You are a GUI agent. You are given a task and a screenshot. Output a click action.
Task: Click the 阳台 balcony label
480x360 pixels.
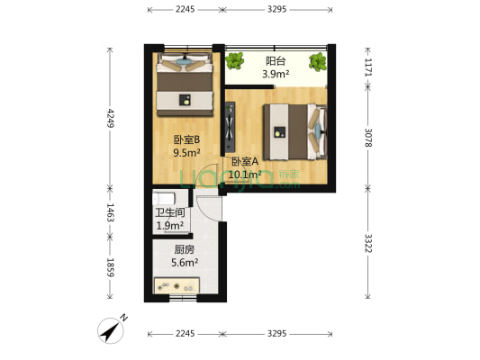pos(276,62)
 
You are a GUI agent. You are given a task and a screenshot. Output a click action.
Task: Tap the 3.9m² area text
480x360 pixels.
pos(276,75)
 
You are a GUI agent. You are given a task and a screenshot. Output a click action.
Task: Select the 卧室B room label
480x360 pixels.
pos(186,139)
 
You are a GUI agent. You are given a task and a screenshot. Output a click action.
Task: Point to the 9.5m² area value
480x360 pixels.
pos(186,153)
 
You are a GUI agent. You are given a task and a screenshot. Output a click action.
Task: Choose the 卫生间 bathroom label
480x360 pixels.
pos(170,213)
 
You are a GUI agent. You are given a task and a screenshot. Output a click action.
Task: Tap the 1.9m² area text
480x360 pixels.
pos(169,226)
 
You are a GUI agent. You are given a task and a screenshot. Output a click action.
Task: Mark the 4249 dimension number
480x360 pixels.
pos(111,119)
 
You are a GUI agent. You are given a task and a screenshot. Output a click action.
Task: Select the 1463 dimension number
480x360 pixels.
pos(111,213)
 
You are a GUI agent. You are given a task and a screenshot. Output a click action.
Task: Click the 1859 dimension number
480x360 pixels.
pos(111,267)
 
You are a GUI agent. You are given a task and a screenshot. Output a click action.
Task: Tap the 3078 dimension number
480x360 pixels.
pos(368,137)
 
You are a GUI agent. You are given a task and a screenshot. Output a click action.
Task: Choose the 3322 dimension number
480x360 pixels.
pos(368,244)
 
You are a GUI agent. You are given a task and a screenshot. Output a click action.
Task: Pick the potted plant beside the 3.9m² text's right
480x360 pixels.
pos(318,62)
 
